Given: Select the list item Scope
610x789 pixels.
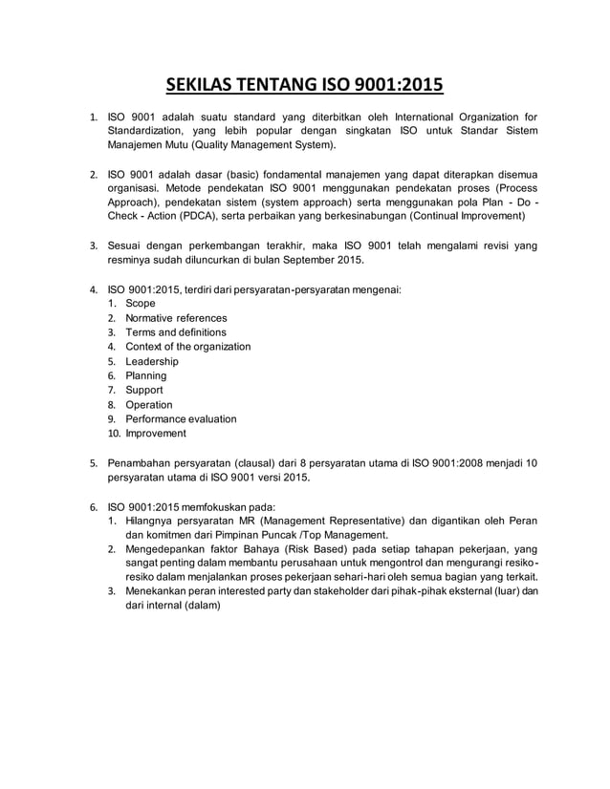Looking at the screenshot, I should pos(141,304).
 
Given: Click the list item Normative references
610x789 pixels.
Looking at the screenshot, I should pos(177,318).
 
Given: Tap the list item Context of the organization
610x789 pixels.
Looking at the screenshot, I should pos(188,347).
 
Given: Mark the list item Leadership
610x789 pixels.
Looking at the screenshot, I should pos(152,362).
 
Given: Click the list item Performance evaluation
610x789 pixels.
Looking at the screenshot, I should pos(181,418).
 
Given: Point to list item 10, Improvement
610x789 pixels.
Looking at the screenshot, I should pos(156,434).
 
